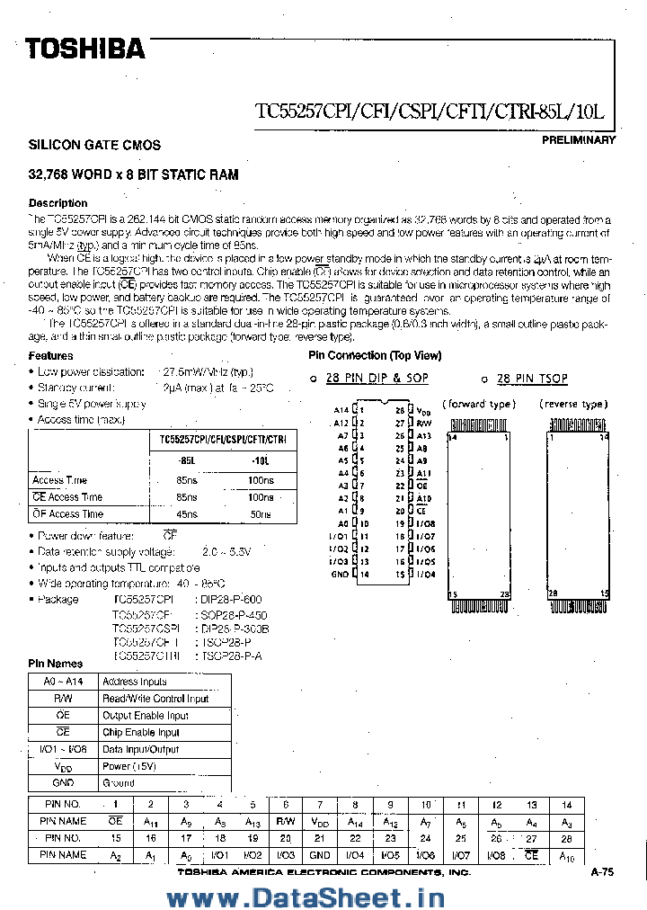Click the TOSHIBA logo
[x=84, y=49]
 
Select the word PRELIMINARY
[x=579, y=140]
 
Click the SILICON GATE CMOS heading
[x=94, y=145]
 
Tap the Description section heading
[x=58, y=203]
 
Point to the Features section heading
[x=51, y=356]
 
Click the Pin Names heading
[x=56, y=664]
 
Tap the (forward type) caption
[x=479, y=405]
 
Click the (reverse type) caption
[x=574, y=405]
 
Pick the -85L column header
[x=187, y=460]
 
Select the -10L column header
[x=261, y=460]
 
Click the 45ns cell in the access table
[x=187, y=513]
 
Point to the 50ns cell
[x=261, y=513]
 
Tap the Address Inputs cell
[x=134, y=682]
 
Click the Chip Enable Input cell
[x=141, y=733]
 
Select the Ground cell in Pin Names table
[x=119, y=783]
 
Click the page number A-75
[x=602, y=872]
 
